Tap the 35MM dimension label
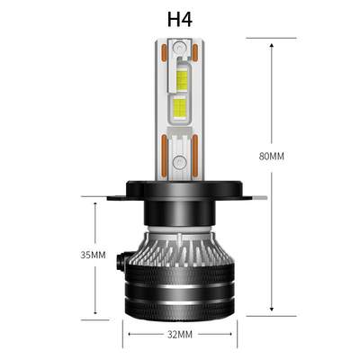point(93,255)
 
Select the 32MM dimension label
point(180,335)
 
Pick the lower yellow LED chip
point(181,111)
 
